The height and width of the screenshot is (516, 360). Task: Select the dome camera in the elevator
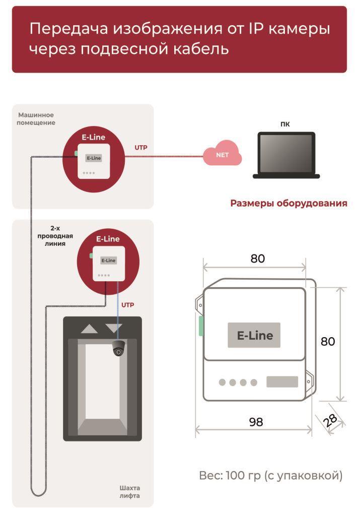(x=119, y=349)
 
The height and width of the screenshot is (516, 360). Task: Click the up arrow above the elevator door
(x=89, y=329)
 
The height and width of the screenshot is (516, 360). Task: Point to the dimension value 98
(x=256, y=422)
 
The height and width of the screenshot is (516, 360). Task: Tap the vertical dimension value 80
(x=328, y=341)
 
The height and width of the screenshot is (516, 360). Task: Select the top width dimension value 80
(x=257, y=259)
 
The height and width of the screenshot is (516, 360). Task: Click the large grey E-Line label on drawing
(x=254, y=335)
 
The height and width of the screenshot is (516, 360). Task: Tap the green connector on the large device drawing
(x=201, y=326)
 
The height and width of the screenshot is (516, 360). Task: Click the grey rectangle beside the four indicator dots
(x=282, y=382)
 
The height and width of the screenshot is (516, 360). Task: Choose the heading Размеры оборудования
(x=289, y=203)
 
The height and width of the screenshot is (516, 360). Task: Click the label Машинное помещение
(x=36, y=119)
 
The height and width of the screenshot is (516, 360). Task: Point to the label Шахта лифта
(x=129, y=492)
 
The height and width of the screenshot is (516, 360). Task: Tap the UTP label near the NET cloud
(x=140, y=148)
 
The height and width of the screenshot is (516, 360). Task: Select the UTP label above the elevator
(x=127, y=305)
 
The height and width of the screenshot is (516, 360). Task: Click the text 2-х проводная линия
(x=55, y=236)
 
